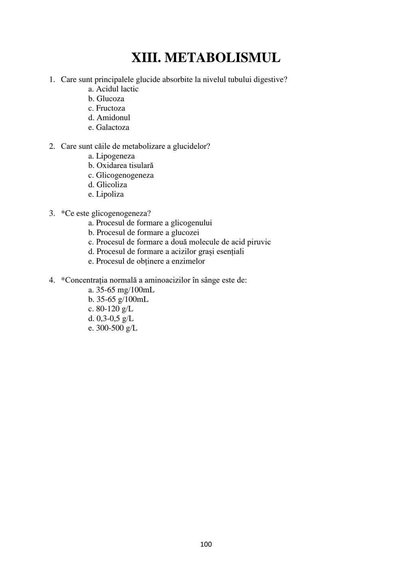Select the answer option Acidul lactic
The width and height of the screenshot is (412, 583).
coord(117,89)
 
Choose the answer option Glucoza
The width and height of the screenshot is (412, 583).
coord(110,99)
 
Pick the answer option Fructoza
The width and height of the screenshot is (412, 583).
coord(110,108)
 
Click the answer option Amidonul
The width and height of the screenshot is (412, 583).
coord(113,118)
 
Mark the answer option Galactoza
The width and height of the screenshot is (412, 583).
coord(112,127)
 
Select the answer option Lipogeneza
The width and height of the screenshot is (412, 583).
coord(115,156)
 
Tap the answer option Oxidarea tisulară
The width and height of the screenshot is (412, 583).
coord(124,165)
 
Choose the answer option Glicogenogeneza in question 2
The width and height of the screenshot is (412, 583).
coord(124,175)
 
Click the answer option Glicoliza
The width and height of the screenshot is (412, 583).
coord(111,185)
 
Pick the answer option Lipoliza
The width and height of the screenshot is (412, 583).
coord(109,194)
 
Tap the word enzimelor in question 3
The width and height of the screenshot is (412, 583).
coord(188,262)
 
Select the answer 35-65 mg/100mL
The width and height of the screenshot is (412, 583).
coord(125,290)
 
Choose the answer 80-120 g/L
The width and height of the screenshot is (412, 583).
coord(114,309)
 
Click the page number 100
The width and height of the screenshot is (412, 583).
coord(206,544)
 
